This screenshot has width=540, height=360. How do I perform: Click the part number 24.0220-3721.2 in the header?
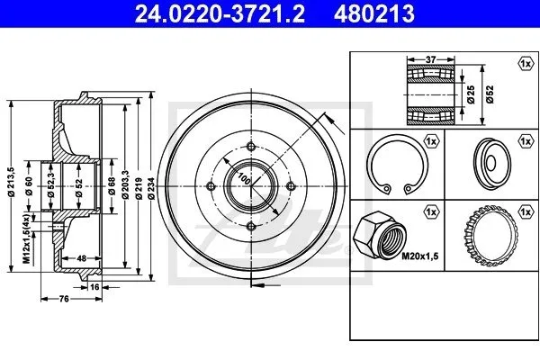pos(220,14)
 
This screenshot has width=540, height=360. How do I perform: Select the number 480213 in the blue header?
pos(374,14)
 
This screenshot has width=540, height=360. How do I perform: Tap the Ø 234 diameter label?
pos(151,188)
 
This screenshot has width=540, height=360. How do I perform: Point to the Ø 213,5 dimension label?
pos(12,182)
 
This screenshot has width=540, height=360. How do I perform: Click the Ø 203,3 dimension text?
pos(125,184)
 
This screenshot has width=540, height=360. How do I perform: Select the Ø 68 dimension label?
pos(112,186)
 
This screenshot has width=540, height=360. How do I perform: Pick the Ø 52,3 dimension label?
pos(51,185)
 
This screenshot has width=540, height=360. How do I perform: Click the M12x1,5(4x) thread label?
pos(26,238)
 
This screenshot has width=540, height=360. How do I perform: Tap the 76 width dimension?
pos(64,299)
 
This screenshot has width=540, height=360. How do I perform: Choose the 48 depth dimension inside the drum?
pos(81,258)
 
